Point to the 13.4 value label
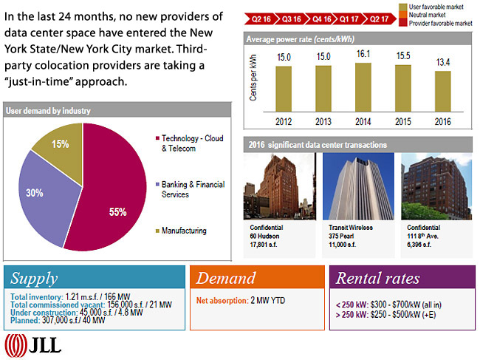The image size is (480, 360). click(x=442, y=61)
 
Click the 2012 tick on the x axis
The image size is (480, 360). click(x=284, y=121)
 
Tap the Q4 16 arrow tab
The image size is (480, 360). click(x=322, y=20)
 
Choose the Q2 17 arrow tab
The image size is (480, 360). click(x=379, y=20)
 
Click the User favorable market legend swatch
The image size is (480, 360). click(x=402, y=6)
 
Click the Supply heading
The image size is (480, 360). click(x=34, y=279)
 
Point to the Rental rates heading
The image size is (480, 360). click(x=377, y=279)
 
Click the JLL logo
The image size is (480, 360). click(x=34, y=344)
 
